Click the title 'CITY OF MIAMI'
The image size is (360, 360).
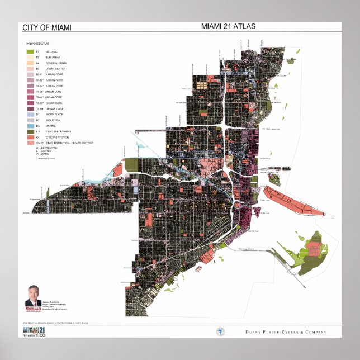click(x=46, y=27)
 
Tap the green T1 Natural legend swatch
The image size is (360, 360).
click(x=30, y=51)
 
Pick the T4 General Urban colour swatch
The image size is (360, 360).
click(x=30, y=63)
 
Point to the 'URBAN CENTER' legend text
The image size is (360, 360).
click(x=56, y=69)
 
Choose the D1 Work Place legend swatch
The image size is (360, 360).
click(x=30, y=114)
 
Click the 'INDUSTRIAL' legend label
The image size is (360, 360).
click(x=54, y=120)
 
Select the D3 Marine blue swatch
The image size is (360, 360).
click(x=30, y=126)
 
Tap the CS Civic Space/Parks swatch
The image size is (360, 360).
click(x=30, y=131)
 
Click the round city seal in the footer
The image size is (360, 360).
click(x=220, y=331)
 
